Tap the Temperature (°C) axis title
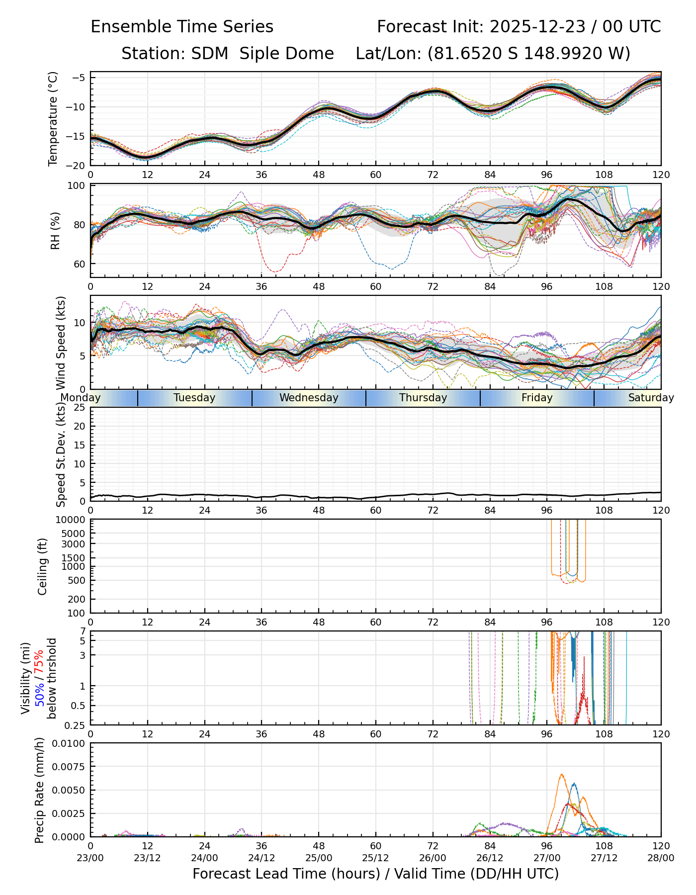click(53, 118)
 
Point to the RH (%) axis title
click(55, 230)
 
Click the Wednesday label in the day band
click(309, 398)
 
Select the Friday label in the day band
click(537, 398)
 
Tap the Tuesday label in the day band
click(194, 398)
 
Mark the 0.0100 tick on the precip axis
click(71, 743)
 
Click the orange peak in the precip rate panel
click(561, 775)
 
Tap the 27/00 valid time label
click(547, 858)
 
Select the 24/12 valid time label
click(261, 858)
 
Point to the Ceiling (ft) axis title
click(43, 566)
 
